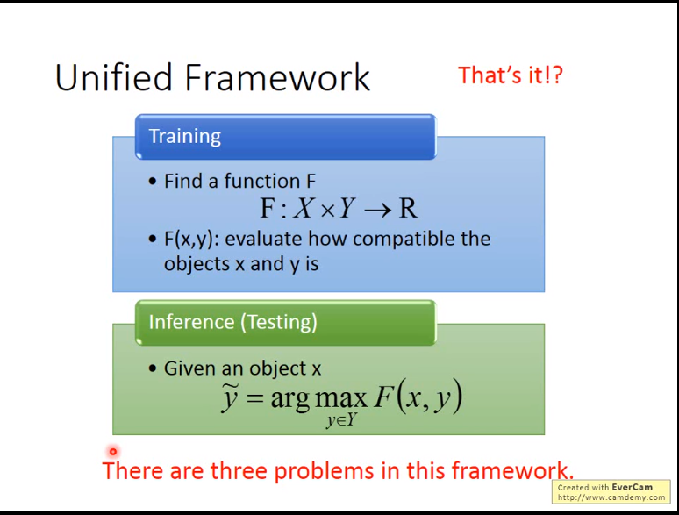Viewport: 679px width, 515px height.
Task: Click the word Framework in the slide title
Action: click(277, 78)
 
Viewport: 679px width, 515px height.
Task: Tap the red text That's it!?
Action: click(510, 75)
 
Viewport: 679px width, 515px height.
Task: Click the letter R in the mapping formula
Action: click(407, 209)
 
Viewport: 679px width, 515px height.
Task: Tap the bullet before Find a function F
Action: click(154, 182)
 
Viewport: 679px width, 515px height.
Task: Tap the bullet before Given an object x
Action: click(154, 368)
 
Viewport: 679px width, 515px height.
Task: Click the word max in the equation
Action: click(340, 399)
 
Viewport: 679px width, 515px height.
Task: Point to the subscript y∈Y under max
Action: click(340, 421)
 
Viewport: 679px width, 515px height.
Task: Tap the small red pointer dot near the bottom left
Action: click(112, 452)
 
